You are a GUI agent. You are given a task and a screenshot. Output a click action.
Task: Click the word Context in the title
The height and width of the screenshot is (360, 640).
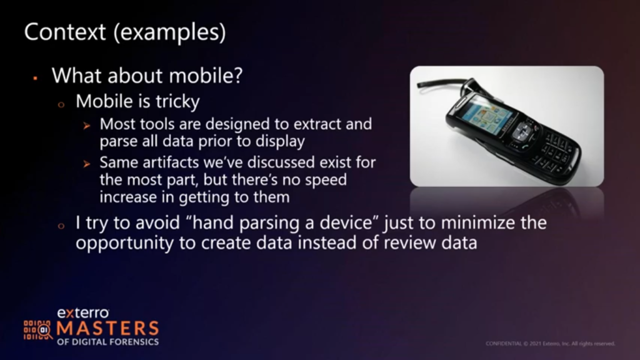[65, 32]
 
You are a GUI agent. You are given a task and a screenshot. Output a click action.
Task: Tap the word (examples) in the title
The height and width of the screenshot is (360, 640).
[170, 32]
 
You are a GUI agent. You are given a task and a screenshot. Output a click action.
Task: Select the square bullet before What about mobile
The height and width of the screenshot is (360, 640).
[36, 77]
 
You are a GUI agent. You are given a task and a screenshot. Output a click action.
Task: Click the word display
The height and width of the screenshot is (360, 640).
[280, 142]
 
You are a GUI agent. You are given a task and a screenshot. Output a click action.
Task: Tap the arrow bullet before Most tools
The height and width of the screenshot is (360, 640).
[86, 126]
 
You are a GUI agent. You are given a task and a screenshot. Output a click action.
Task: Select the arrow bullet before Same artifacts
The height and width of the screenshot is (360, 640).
[86, 164]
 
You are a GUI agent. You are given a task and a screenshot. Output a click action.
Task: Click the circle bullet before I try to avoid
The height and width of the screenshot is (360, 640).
[61, 226]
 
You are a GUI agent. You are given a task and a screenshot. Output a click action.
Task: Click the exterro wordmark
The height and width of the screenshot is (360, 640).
[83, 313]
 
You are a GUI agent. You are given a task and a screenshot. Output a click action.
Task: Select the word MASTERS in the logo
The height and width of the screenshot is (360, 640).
[107, 329]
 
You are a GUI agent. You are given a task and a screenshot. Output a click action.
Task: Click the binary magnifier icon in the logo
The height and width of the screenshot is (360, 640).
[37, 330]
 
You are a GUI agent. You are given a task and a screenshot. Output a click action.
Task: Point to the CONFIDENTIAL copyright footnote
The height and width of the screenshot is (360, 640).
[550, 344]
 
